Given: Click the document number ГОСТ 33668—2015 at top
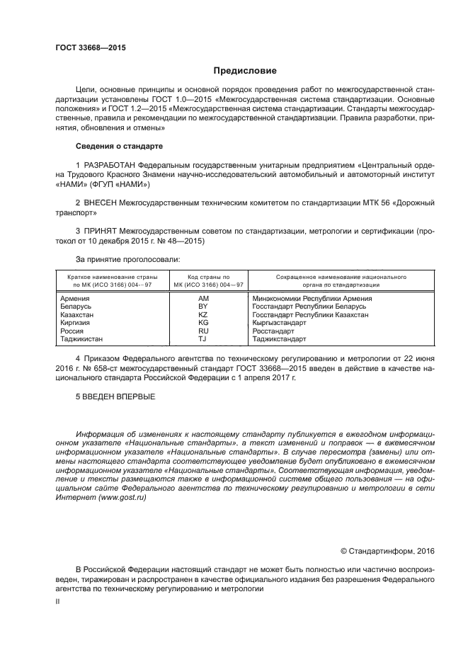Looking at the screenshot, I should (x=86, y=47).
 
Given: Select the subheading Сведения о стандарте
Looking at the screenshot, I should (x=119, y=146).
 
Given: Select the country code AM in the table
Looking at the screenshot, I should (x=204, y=299).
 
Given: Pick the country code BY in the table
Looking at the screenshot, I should (x=204, y=307).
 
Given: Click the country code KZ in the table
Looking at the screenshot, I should (x=204, y=314).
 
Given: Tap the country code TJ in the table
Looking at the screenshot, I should (x=204, y=339).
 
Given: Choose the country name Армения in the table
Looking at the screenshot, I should (x=76, y=299).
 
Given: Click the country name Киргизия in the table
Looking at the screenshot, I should (x=77, y=323).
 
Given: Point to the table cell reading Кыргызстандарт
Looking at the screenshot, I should (x=279, y=323).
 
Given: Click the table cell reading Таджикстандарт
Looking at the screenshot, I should (x=279, y=339).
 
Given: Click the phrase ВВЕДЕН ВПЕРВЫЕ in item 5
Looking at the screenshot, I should (x=115, y=396).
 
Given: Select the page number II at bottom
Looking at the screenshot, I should (x=58, y=600).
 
